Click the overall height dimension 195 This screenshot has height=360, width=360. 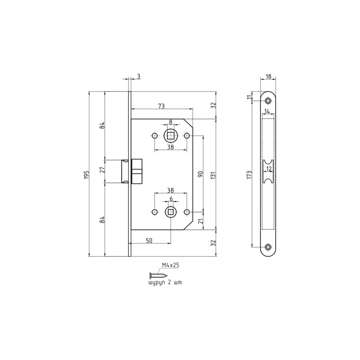tap(86, 175)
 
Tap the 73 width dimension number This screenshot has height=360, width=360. tap(161, 106)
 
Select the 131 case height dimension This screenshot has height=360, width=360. tap(213, 175)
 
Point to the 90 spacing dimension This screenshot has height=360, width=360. tap(201, 174)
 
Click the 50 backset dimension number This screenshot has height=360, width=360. tap(149, 240)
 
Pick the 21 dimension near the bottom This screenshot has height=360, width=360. tap(201, 221)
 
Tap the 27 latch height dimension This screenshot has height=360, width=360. tap(102, 170)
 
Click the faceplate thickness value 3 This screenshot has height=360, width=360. tap(139, 76)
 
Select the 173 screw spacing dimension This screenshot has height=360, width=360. tap(249, 175)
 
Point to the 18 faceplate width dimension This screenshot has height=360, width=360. tap(268, 76)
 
